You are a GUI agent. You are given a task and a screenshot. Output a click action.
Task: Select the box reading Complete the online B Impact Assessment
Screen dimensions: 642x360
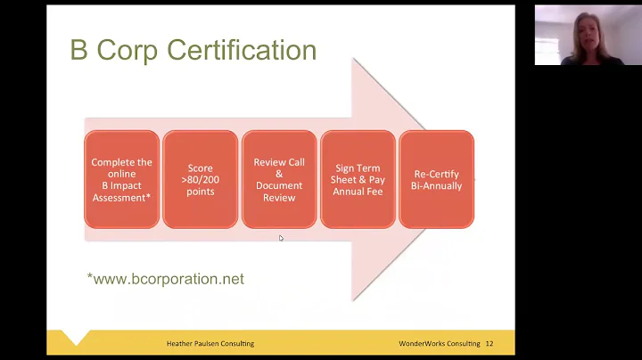[x=121, y=179]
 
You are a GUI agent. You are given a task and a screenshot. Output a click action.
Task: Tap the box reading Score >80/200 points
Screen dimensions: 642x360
[x=201, y=179]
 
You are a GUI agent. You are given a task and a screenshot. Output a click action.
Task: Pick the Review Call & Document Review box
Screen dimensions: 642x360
[x=279, y=179]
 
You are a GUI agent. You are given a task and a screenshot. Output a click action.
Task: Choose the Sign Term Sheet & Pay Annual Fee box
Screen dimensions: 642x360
[x=358, y=179]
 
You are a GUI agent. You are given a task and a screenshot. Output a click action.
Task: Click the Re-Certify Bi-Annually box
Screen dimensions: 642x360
[x=436, y=179]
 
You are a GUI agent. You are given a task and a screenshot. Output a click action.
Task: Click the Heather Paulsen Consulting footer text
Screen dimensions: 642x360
[x=210, y=343]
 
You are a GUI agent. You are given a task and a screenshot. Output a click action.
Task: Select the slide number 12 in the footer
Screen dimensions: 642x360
[x=490, y=343]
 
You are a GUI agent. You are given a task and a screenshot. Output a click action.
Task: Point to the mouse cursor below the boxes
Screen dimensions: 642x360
[x=281, y=238]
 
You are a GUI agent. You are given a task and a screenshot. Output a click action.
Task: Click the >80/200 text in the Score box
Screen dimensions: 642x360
[x=201, y=180]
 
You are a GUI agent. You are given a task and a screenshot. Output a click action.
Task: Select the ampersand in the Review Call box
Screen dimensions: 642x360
[x=279, y=174]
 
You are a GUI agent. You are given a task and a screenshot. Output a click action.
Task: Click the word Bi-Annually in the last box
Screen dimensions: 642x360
[x=437, y=185]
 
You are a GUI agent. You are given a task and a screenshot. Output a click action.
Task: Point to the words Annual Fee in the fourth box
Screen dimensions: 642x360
[x=358, y=192]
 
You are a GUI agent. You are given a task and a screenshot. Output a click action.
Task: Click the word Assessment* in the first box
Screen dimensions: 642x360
[x=121, y=198]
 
